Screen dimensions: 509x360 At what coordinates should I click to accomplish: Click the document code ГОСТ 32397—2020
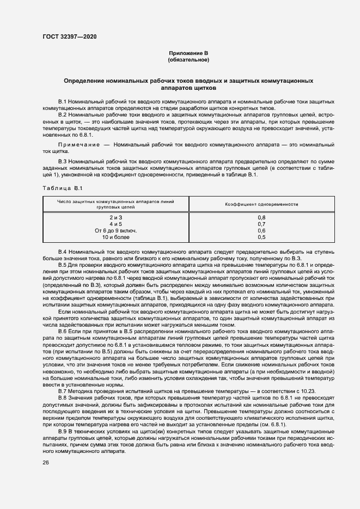click(x=69, y=36)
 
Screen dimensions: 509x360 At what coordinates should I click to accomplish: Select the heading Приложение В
click(x=188, y=53)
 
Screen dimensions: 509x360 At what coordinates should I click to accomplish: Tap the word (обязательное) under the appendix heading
click(x=188, y=59)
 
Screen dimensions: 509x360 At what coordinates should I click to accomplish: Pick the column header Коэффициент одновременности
click(x=261, y=204)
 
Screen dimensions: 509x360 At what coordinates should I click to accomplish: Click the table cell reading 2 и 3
click(x=115, y=218)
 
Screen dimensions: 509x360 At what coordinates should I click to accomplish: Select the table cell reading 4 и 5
click(x=115, y=224)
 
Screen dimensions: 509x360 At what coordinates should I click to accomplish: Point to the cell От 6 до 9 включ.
click(x=115, y=231)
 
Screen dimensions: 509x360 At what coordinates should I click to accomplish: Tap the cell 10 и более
click(x=115, y=237)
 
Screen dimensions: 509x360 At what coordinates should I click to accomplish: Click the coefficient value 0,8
click(x=261, y=218)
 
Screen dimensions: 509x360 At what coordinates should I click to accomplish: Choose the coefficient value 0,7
click(x=261, y=224)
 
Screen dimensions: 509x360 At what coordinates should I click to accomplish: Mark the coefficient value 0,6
click(x=261, y=231)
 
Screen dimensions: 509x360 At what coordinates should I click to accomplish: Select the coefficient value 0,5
click(x=261, y=237)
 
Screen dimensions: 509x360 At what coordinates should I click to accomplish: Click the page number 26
click(x=46, y=463)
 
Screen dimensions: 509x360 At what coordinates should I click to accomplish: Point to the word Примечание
click(x=78, y=145)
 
